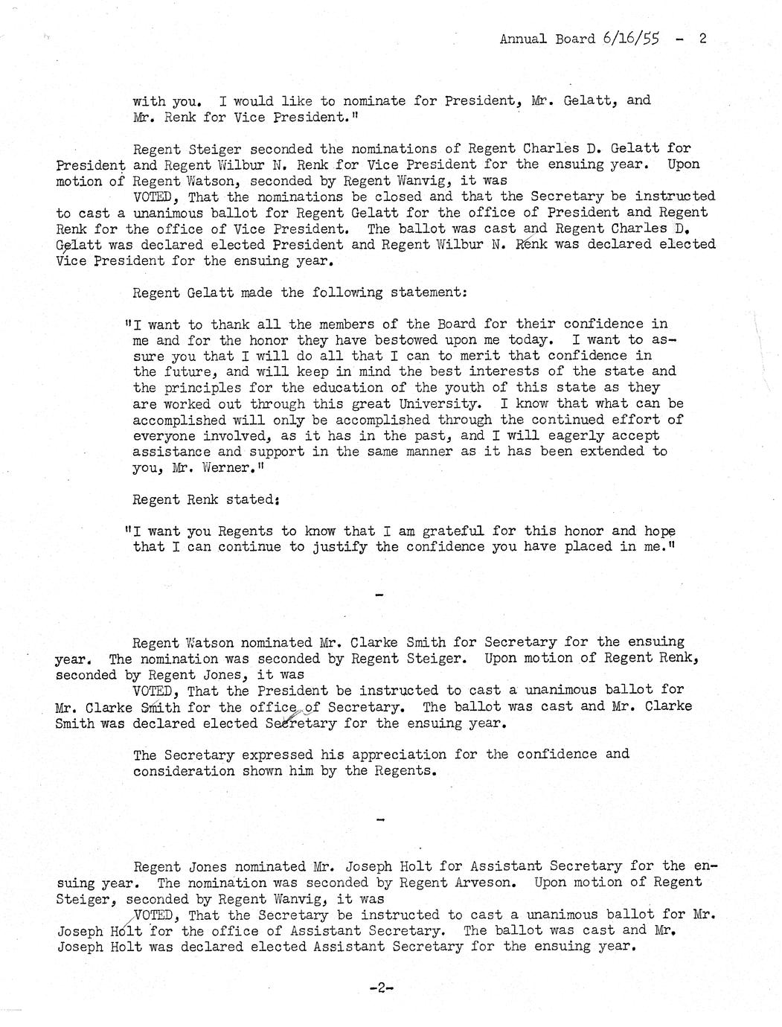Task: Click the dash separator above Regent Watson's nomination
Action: (380, 595)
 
